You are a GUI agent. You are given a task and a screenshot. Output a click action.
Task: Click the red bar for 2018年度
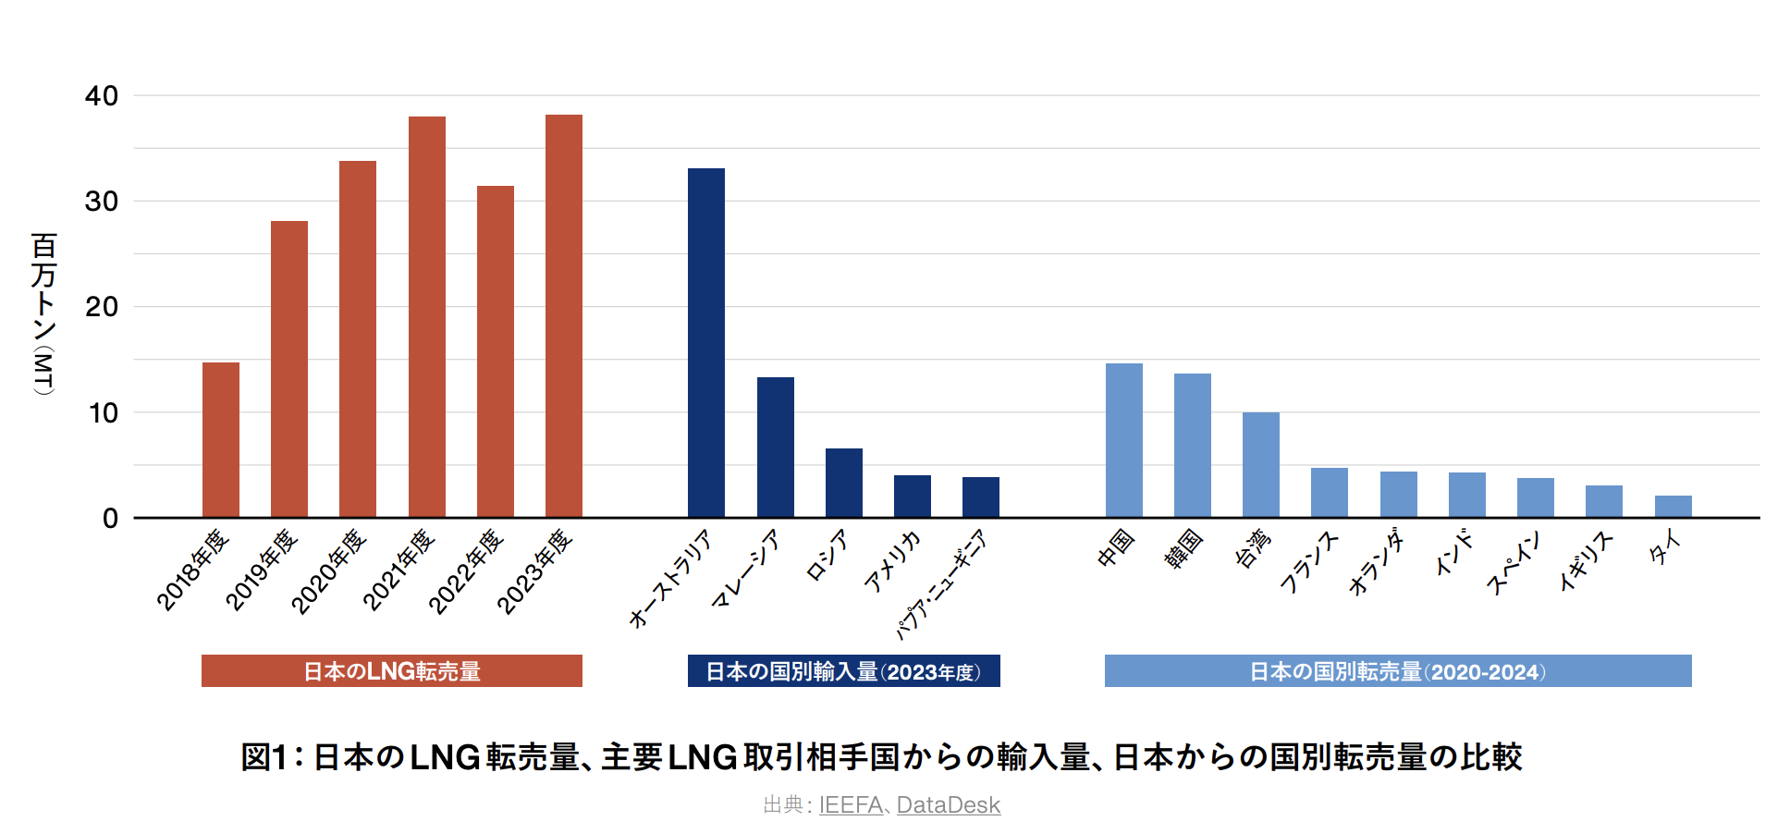pyautogui.click(x=221, y=440)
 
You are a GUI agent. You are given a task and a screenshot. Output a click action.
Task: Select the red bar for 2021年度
pyautogui.click(x=427, y=317)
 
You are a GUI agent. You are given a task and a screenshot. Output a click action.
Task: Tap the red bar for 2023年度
pyautogui.click(x=564, y=316)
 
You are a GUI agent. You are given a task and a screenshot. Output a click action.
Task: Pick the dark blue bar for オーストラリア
pyautogui.click(x=706, y=343)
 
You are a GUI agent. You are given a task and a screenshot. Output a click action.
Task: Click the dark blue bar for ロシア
pyautogui.click(x=844, y=483)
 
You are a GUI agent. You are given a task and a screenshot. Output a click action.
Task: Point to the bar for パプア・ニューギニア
pyautogui.click(x=981, y=497)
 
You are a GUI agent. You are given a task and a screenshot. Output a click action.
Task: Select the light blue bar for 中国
pyautogui.click(x=1124, y=440)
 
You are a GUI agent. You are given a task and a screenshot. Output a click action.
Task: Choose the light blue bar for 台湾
pyautogui.click(x=1261, y=465)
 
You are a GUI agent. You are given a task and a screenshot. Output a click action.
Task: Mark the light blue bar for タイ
pyautogui.click(x=1674, y=507)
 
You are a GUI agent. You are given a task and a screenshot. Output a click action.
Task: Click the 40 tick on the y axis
pyautogui.click(x=102, y=96)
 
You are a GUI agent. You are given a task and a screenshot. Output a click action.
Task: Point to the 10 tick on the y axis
pyautogui.click(x=104, y=413)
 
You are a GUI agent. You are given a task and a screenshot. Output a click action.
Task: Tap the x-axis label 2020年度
pyautogui.click(x=330, y=570)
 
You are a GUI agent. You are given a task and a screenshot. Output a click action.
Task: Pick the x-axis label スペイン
pyautogui.click(x=1514, y=563)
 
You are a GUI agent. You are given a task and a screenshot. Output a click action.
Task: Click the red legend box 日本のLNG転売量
pyautogui.click(x=392, y=671)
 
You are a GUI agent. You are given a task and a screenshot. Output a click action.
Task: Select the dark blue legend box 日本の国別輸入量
pyautogui.click(x=843, y=671)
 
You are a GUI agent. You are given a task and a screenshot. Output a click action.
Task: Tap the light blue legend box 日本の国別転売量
pyautogui.click(x=1398, y=671)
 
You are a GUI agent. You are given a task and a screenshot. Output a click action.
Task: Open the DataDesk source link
pyautogui.click(x=949, y=805)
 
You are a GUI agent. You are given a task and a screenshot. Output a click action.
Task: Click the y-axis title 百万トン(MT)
pyautogui.click(x=44, y=314)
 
